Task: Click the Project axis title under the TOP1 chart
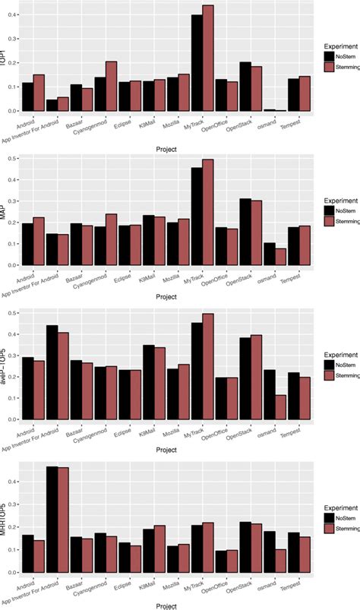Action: (x=163, y=149)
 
